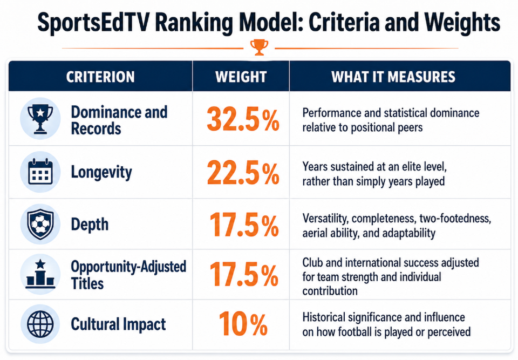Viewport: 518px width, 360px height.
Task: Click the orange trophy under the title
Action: click(x=259, y=47)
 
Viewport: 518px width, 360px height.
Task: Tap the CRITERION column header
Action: click(x=100, y=77)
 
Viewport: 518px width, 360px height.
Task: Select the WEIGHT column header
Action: click(x=241, y=77)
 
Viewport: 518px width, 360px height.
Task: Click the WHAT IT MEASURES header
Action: click(x=393, y=77)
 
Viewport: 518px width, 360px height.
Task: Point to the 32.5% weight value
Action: click(x=243, y=119)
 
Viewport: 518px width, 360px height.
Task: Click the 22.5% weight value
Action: click(x=243, y=173)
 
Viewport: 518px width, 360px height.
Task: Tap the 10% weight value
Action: click(x=243, y=324)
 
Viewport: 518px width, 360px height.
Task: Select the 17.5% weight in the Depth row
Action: click(x=244, y=225)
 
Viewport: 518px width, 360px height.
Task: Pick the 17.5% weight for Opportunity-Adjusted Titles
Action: click(x=244, y=274)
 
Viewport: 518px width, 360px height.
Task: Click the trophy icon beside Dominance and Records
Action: click(x=40, y=119)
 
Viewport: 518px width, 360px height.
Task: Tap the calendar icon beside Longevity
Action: click(x=40, y=172)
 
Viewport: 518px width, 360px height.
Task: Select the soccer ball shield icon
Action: click(x=40, y=224)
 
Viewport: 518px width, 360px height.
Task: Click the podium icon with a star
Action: click(x=40, y=274)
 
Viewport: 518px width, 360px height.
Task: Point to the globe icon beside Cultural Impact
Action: click(x=40, y=324)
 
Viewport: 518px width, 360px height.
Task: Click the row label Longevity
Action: click(x=101, y=173)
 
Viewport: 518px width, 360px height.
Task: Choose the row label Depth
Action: click(x=90, y=225)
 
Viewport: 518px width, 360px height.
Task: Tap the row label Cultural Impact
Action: click(x=118, y=324)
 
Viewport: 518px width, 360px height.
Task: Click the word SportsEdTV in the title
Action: click(x=93, y=23)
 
